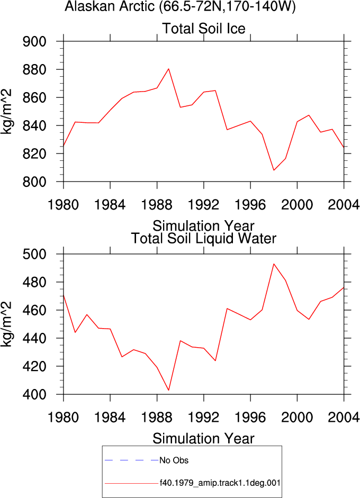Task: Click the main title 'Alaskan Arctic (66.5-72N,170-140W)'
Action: [x=180, y=6]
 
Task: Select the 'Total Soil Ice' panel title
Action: [x=204, y=29]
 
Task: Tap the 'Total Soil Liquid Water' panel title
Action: [x=204, y=239]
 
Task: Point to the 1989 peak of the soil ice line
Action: [x=169, y=69]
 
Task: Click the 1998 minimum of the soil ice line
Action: [x=274, y=170]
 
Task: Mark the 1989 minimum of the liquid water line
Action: [x=169, y=390]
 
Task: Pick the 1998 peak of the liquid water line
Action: [x=274, y=264]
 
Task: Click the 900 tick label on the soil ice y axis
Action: [x=34, y=42]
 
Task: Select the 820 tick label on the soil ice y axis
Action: [x=34, y=153]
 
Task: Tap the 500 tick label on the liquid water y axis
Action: [x=34, y=254]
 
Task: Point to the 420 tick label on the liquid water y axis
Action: [x=34, y=367]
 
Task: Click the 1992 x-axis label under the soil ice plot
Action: [x=204, y=205]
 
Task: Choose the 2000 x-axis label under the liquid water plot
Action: [x=297, y=418]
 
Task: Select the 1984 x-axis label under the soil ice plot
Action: [x=110, y=205]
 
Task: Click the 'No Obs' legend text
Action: [x=174, y=460]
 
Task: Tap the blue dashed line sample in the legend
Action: [x=131, y=460]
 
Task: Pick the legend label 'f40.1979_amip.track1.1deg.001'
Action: [x=220, y=483]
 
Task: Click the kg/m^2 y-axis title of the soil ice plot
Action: [x=6, y=112]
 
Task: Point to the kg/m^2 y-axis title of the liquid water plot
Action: [x=6, y=324]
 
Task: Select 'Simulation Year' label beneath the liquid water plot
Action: [x=204, y=439]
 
